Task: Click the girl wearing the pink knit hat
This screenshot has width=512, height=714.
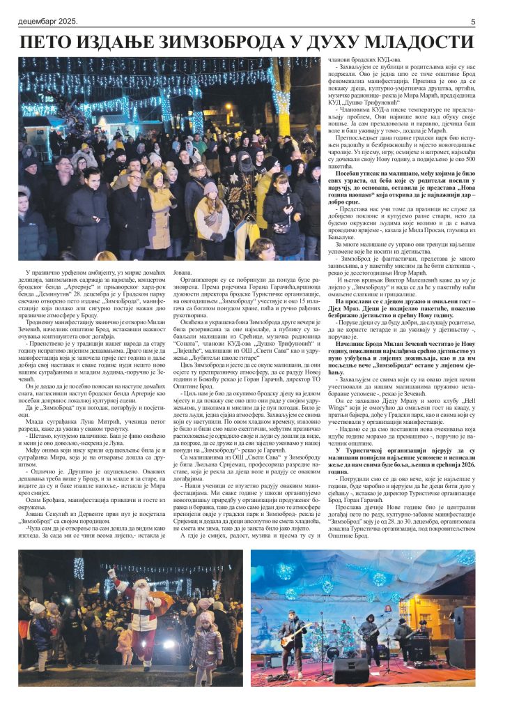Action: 210,209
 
